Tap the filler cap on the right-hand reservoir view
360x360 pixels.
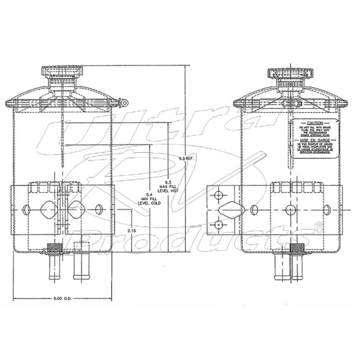tap(288, 73)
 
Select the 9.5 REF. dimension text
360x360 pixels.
tap(186, 158)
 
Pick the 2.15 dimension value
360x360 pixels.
tap(132, 230)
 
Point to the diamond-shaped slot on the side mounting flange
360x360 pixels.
tap(231, 210)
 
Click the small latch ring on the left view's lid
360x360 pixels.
tap(123, 103)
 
